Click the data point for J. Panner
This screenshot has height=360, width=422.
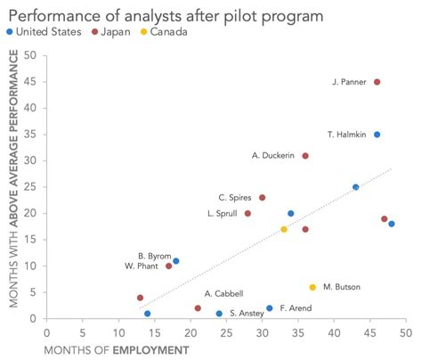[x=377, y=82]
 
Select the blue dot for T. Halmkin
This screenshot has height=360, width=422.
[x=377, y=135]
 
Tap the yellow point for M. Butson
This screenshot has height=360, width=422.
[x=312, y=287]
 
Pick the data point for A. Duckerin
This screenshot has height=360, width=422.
[x=305, y=156]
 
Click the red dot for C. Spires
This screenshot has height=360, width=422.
[x=262, y=198]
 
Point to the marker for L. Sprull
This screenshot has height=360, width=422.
[x=248, y=214]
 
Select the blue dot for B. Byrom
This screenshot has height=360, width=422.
[x=176, y=261]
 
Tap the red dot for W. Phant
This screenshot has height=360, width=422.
[x=169, y=266]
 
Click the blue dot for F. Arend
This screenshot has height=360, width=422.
[x=270, y=308]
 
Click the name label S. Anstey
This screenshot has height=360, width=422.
[x=246, y=314]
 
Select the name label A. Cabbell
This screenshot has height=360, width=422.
[x=223, y=293]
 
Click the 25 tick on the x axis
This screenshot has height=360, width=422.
[x=226, y=331]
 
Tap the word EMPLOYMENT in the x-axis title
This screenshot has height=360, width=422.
[x=150, y=349]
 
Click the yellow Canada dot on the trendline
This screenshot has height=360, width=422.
[x=284, y=229]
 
